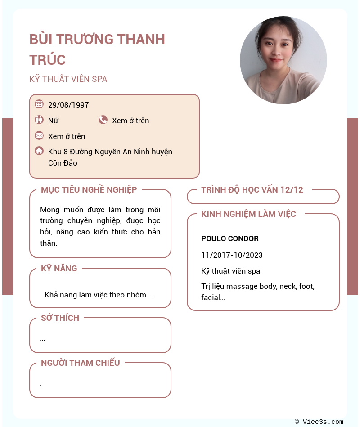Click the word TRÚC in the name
click(48, 60)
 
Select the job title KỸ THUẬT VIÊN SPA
click(68, 79)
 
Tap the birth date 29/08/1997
click(68, 105)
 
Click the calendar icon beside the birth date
click(39, 104)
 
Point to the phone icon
click(103, 120)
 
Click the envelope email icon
click(39, 135)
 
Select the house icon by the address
click(39, 151)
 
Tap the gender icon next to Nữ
click(39, 120)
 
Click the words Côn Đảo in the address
click(63, 163)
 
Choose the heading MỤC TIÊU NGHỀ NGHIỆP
click(89, 190)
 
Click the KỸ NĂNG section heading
click(59, 269)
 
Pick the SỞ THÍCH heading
click(60, 318)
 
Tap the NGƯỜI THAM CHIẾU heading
click(81, 363)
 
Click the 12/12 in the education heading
click(292, 190)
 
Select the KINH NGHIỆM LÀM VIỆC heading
click(248, 214)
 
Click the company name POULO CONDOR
click(230, 238)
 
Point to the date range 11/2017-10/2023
click(232, 255)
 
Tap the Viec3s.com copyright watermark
click(319, 422)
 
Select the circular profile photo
click(283, 60)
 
